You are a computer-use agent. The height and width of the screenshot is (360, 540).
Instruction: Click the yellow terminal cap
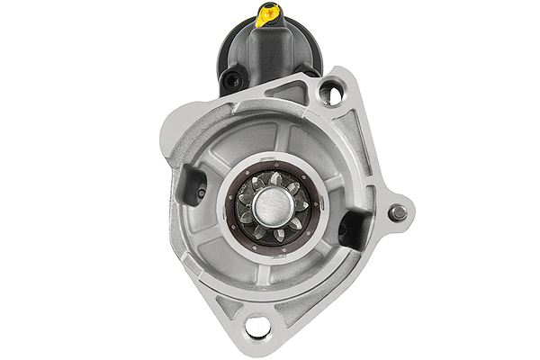point(267,14)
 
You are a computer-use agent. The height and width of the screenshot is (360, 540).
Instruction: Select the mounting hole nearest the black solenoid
point(331,92)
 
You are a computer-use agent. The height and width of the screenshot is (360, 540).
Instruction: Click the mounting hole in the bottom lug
point(257,325)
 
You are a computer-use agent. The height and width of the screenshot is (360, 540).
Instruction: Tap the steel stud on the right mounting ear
point(397,213)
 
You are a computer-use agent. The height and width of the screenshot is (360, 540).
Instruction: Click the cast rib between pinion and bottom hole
point(261,279)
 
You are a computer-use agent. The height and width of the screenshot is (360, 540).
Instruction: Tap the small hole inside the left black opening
point(201,192)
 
